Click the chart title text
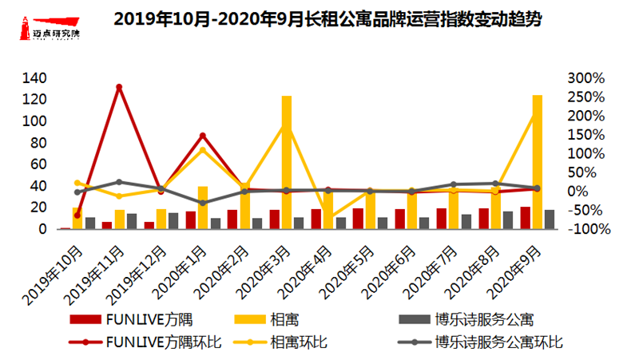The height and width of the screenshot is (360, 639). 327,19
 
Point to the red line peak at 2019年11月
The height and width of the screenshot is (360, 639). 119,86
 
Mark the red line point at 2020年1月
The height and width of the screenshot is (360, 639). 203,136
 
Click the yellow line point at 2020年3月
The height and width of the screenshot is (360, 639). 286,125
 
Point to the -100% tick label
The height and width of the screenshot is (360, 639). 590,229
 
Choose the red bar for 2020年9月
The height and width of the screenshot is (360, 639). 525,218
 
